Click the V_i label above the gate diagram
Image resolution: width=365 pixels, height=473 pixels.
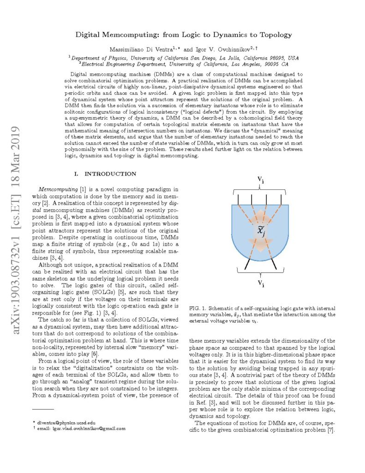(x=260, y=180)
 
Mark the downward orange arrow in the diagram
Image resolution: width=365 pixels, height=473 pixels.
(x=261, y=245)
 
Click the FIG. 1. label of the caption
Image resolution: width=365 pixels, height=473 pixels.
(x=198, y=308)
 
